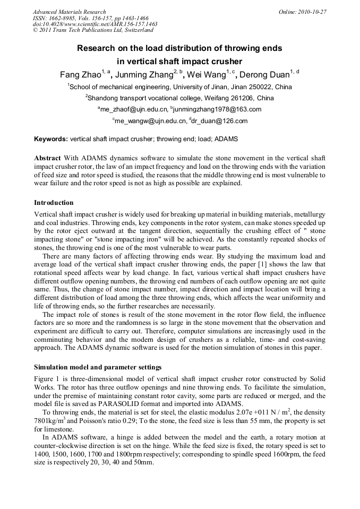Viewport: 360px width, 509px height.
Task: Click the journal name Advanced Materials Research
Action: coord(70,12)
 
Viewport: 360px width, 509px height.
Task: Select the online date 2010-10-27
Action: coord(312,12)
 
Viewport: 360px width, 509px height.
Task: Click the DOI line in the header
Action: coord(95,24)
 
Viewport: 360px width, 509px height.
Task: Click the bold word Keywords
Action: coord(50,139)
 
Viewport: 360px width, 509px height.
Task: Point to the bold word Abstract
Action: coord(47,158)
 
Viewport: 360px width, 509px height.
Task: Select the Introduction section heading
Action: coord(54,203)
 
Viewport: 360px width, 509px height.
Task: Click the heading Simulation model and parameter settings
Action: coord(98,367)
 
